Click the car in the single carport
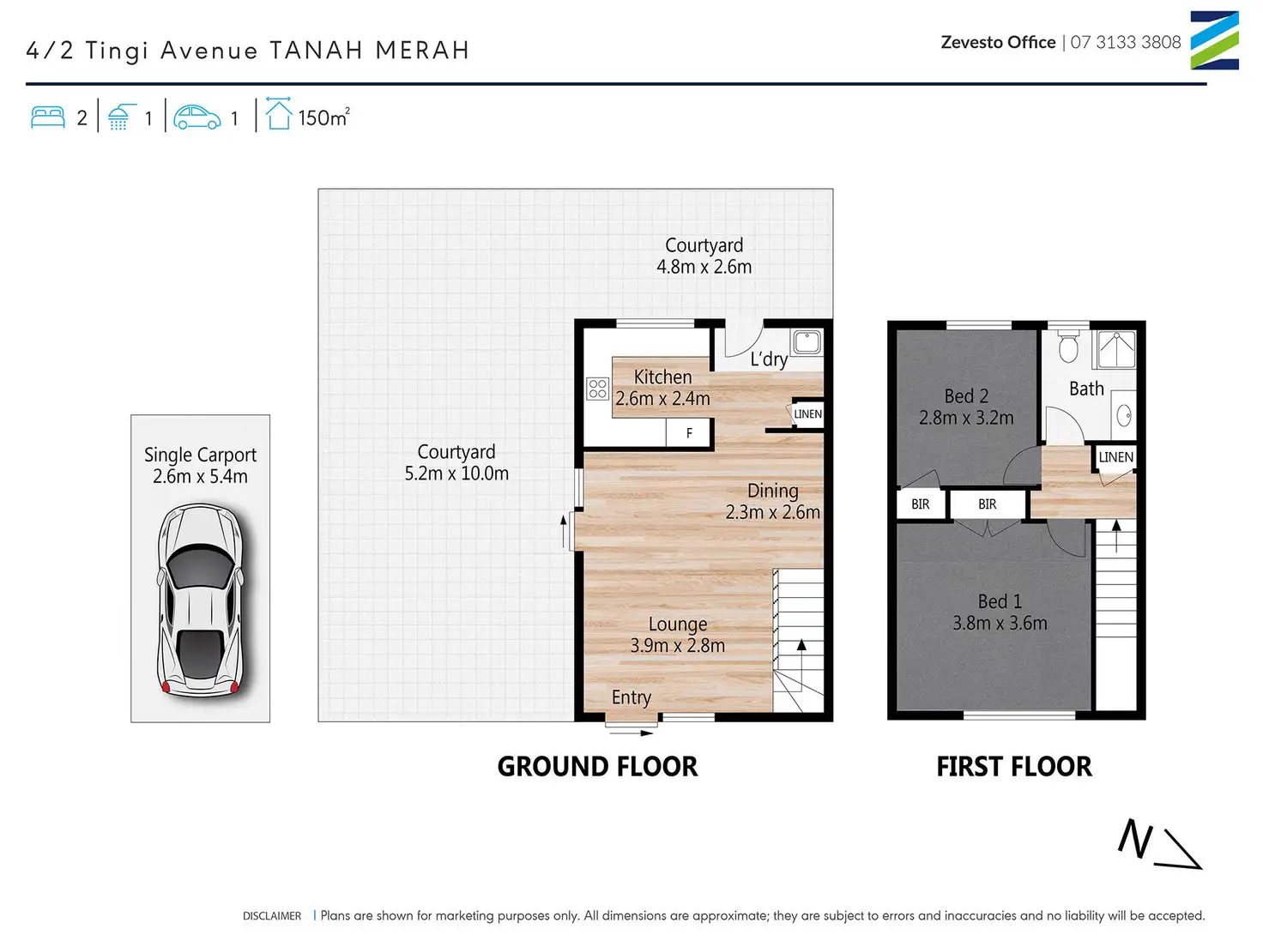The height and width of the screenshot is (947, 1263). pos(200,600)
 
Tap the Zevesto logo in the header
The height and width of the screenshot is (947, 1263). pos(1214,40)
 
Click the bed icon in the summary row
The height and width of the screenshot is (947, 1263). pos(48,117)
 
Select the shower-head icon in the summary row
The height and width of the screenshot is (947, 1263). pos(121,117)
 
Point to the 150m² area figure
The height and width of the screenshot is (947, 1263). pos(324,118)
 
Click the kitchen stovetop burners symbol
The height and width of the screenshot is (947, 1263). pos(597,389)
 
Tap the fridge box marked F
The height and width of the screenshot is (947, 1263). pos(689,433)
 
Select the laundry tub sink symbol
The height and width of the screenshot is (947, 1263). pos(807,342)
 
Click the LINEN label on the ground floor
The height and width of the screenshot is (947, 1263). pos(808,414)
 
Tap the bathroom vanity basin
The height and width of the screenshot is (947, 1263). pos(1124,415)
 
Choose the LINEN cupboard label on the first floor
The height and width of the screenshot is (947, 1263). pos(1115,457)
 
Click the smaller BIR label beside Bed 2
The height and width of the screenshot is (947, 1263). pos(920,504)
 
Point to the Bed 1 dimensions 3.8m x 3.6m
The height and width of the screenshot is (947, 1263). pos(1000,623)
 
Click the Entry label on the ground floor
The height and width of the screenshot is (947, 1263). pos(631,697)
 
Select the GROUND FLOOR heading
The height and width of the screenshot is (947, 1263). pos(597,767)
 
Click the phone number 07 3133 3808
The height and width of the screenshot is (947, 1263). pos(1126,42)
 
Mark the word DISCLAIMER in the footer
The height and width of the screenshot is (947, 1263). pos(272,916)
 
